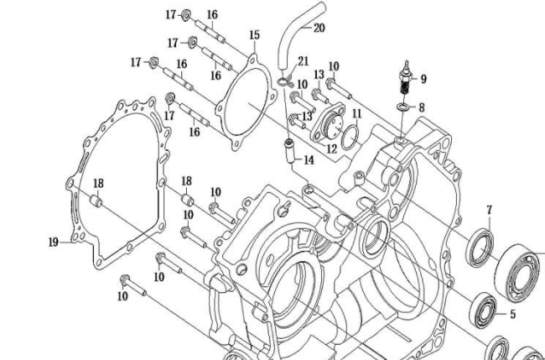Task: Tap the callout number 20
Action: tap(319, 27)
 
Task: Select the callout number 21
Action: tap(303, 61)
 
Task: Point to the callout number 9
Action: tap(423, 79)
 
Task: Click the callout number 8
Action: tap(422, 107)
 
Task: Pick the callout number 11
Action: tap(356, 113)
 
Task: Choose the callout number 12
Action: tap(332, 149)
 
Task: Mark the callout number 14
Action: tap(309, 159)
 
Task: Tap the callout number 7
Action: tap(489, 209)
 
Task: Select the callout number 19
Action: tap(53, 242)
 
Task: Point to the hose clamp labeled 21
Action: tap(286, 81)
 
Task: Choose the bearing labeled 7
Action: tap(480, 245)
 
